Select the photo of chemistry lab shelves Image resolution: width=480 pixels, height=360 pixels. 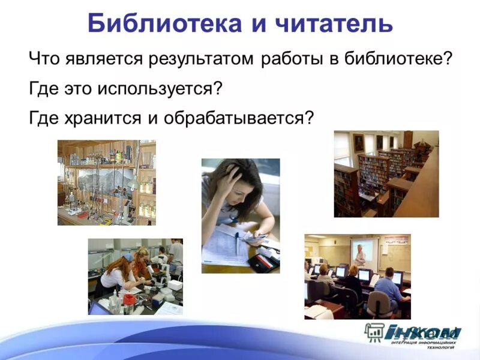[106, 182]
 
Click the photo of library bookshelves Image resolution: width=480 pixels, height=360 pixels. [386, 173]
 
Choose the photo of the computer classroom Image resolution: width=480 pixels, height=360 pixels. [357, 276]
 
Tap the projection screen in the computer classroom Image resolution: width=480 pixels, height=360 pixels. [364, 253]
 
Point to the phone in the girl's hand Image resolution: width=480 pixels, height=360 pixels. [255, 239]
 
